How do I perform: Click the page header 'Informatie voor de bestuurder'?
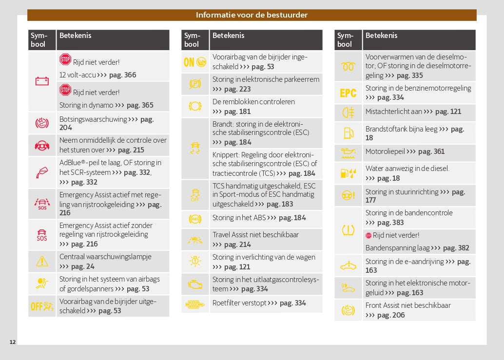click(252, 15)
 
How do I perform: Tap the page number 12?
click(13, 342)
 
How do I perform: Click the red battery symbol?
click(42, 81)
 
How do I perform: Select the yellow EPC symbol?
click(348, 93)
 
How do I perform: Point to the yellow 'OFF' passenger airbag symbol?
click(42, 306)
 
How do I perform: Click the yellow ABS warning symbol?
click(195, 219)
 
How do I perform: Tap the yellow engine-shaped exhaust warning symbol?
click(195, 284)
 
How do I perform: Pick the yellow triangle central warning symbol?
click(42, 262)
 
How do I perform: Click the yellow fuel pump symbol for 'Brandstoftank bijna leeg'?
click(348, 133)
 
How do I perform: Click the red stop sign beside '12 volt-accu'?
click(65, 59)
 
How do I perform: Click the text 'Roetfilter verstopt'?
click(239, 303)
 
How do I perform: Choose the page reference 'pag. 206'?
click(391, 315)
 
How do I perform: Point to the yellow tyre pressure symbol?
click(348, 229)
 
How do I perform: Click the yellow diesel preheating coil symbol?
click(348, 67)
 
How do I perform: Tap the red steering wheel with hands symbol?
click(42, 146)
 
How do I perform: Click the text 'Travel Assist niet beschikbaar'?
click(255, 235)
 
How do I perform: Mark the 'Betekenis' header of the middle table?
click(229, 36)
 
